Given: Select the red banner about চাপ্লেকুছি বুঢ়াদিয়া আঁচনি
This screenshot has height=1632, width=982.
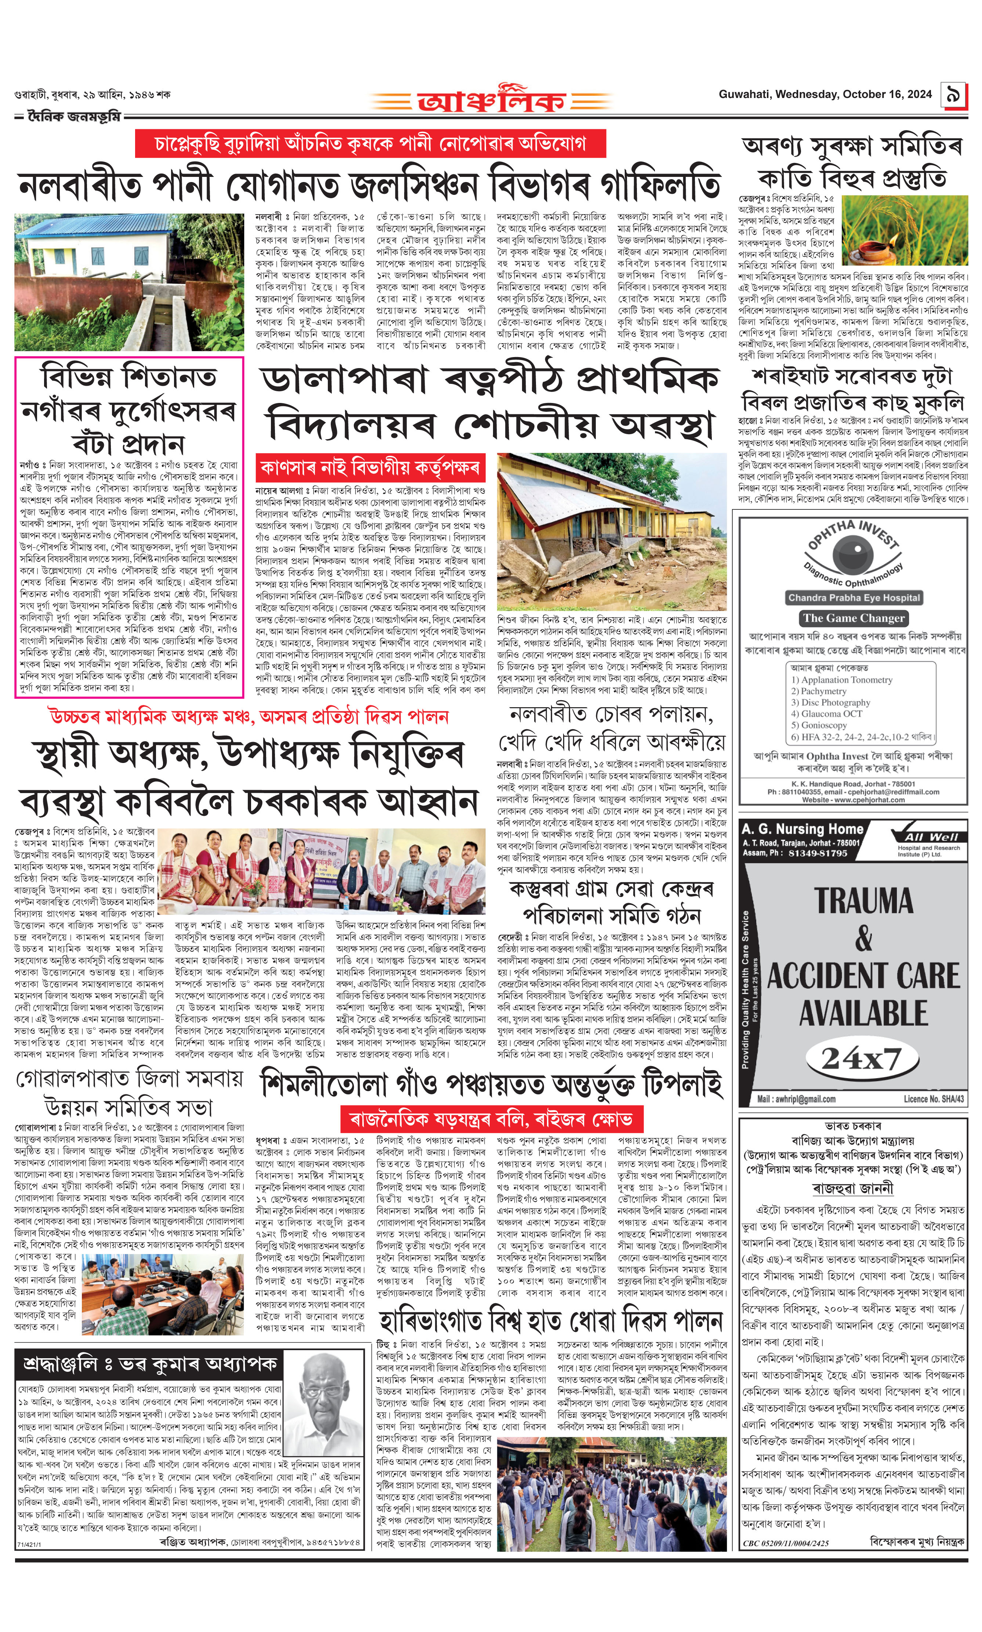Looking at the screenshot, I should [370, 143].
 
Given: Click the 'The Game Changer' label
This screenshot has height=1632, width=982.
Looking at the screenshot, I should [854, 618].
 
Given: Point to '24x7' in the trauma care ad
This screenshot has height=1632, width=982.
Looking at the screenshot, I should [861, 1059].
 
